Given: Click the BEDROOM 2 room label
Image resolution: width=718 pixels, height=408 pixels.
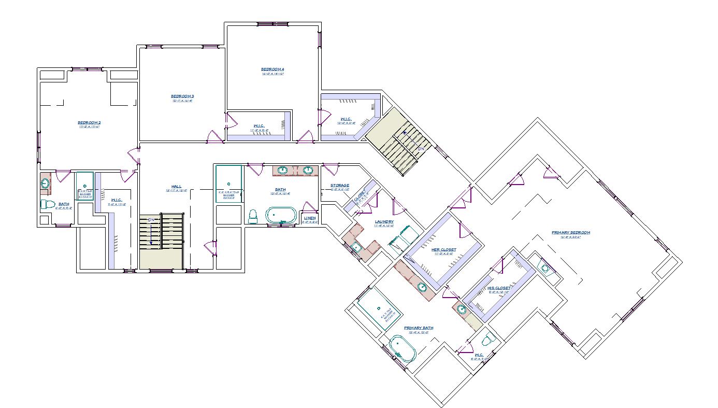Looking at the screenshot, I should click(89, 122).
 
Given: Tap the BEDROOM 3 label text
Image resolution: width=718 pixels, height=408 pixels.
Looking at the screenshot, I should click(182, 96).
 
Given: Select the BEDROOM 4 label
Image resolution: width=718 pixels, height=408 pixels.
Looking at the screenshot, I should click(272, 69).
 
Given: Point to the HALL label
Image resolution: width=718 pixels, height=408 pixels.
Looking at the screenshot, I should click(177, 187).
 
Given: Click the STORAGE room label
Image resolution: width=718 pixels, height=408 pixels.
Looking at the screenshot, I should click(340, 185).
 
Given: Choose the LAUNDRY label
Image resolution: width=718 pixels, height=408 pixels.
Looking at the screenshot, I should click(384, 221).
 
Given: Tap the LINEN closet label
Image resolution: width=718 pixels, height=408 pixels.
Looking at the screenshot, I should click(310, 218).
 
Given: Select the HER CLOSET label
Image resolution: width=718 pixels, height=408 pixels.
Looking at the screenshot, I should click(444, 249).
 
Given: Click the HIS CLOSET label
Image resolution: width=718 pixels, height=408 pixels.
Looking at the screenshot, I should click(499, 288).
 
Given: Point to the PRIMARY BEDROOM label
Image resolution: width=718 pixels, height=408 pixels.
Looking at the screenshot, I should click(571, 232).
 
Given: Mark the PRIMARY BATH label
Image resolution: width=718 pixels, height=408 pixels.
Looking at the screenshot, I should click(419, 328).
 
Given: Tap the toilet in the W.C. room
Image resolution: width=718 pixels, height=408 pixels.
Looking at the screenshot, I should click(487, 341).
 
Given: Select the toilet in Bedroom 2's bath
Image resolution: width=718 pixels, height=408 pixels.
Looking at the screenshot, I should click(48, 204).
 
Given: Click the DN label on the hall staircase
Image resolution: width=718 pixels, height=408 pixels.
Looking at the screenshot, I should click(152, 220).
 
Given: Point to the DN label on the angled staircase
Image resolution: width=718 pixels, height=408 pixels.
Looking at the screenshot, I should click(421, 149).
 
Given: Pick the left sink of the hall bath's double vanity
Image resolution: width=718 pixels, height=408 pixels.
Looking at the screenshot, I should click(283, 170).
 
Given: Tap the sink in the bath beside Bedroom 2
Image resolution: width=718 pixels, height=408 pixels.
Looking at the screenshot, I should click(46, 183).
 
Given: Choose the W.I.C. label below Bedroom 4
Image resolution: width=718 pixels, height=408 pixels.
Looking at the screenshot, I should click(260, 125).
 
